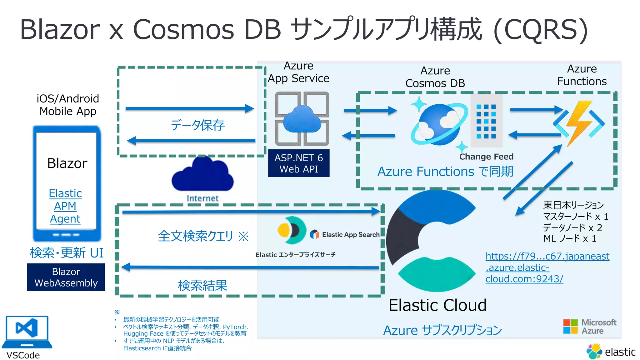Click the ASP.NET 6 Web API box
click(299, 163)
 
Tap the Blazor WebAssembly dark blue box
click(66, 277)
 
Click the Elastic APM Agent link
click(65, 206)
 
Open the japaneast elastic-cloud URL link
click(547, 267)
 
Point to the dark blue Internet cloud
click(202, 175)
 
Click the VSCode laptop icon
click(27, 331)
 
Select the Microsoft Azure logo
click(589, 327)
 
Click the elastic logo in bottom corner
click(611, 352)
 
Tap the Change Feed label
click(486, 157)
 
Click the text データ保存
click(197, 125)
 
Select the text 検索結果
click(202, 285)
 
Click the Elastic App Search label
click(350, 235)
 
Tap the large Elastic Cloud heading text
click(437, 305)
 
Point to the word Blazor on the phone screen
click(67, 163)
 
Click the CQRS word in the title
click(541, 29)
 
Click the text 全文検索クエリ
click(196, 236)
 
